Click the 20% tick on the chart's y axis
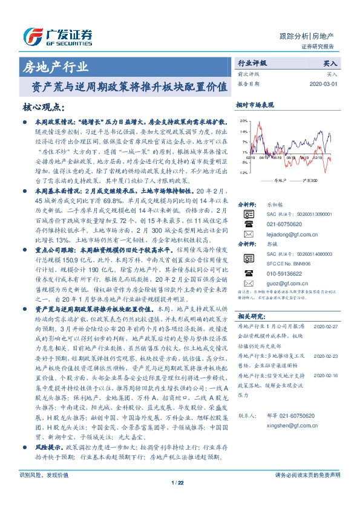pos(243,120)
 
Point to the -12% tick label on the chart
pos(243,173)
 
